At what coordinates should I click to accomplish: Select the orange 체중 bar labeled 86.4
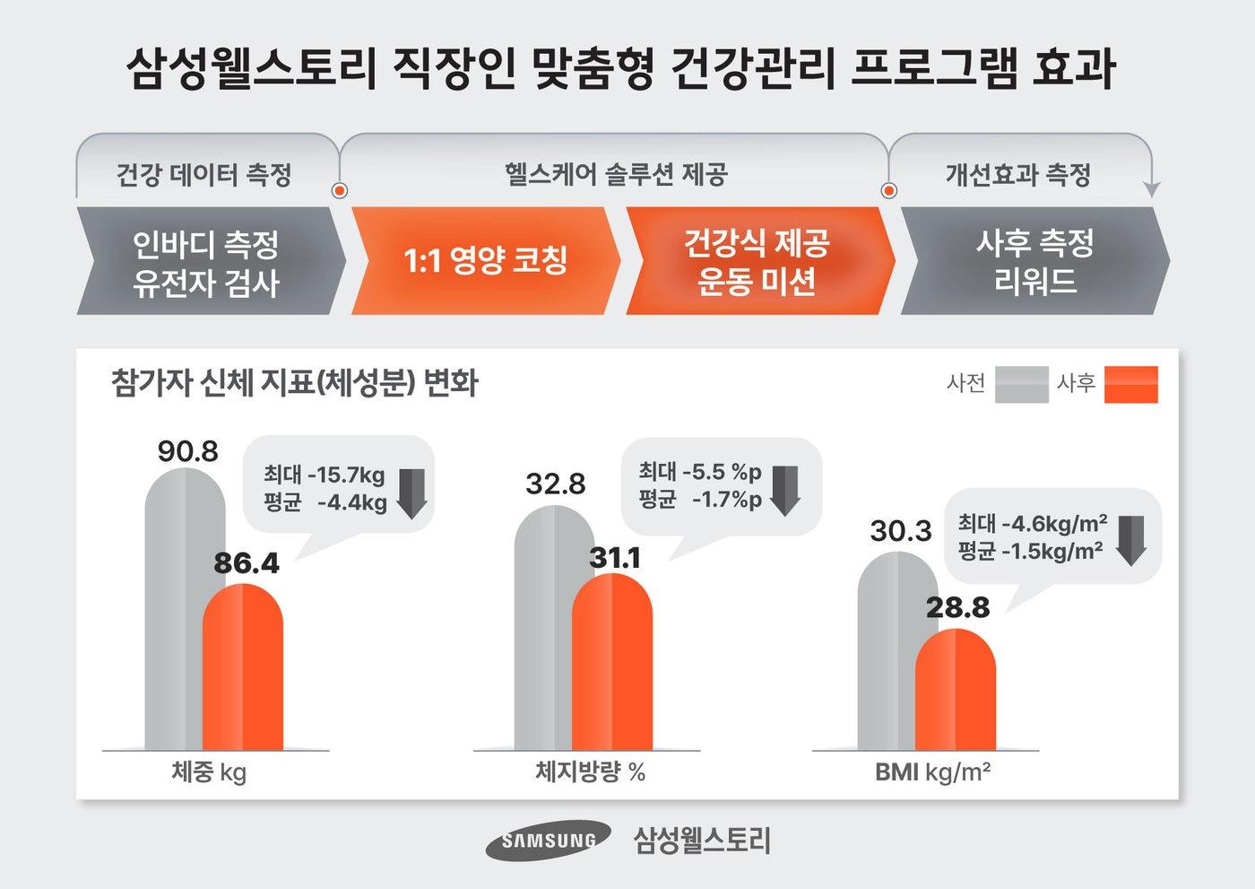pyautogui.click(x=242, y=668)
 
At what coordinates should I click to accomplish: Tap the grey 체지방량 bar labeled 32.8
pyautogui.click(x=541, y=628)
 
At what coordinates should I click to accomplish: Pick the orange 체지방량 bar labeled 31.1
pyautogui.click(x=612, y=664)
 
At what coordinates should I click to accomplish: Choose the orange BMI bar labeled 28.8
pyautogui.click(x=956, y=691)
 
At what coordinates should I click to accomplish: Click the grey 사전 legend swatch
pyautogui.click(x=1021, y=385)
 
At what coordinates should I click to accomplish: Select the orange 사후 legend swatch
pyautogui.click(x=1130, y=385)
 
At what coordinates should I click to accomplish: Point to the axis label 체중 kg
pyautogui.click(x=209, y=772)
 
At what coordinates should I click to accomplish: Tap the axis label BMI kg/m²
pyautogui.click(x=932, y=772)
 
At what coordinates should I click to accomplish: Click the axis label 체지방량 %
pyautogui.click(x=590, y=772)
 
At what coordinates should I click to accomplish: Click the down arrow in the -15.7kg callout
pyautogui.click(x=411, y=492)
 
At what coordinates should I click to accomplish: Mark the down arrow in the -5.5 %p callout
pyautogui.click(x=784, y=490)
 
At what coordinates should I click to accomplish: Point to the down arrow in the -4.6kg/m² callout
pyautogui.click(x=1131, y=540)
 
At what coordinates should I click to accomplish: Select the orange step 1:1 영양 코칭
pyautogui.click(x=485, y=261)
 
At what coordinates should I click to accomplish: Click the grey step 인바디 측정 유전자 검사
pyautogui.click(x=207, y=262)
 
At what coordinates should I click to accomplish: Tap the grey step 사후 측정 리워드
pyautogui.click(x=1034, y=261)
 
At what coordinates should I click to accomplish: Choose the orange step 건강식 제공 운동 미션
pyautogui.click(x=757, y=261)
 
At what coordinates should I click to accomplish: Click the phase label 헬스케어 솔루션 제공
pyautogui.click(x=615, y=174)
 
